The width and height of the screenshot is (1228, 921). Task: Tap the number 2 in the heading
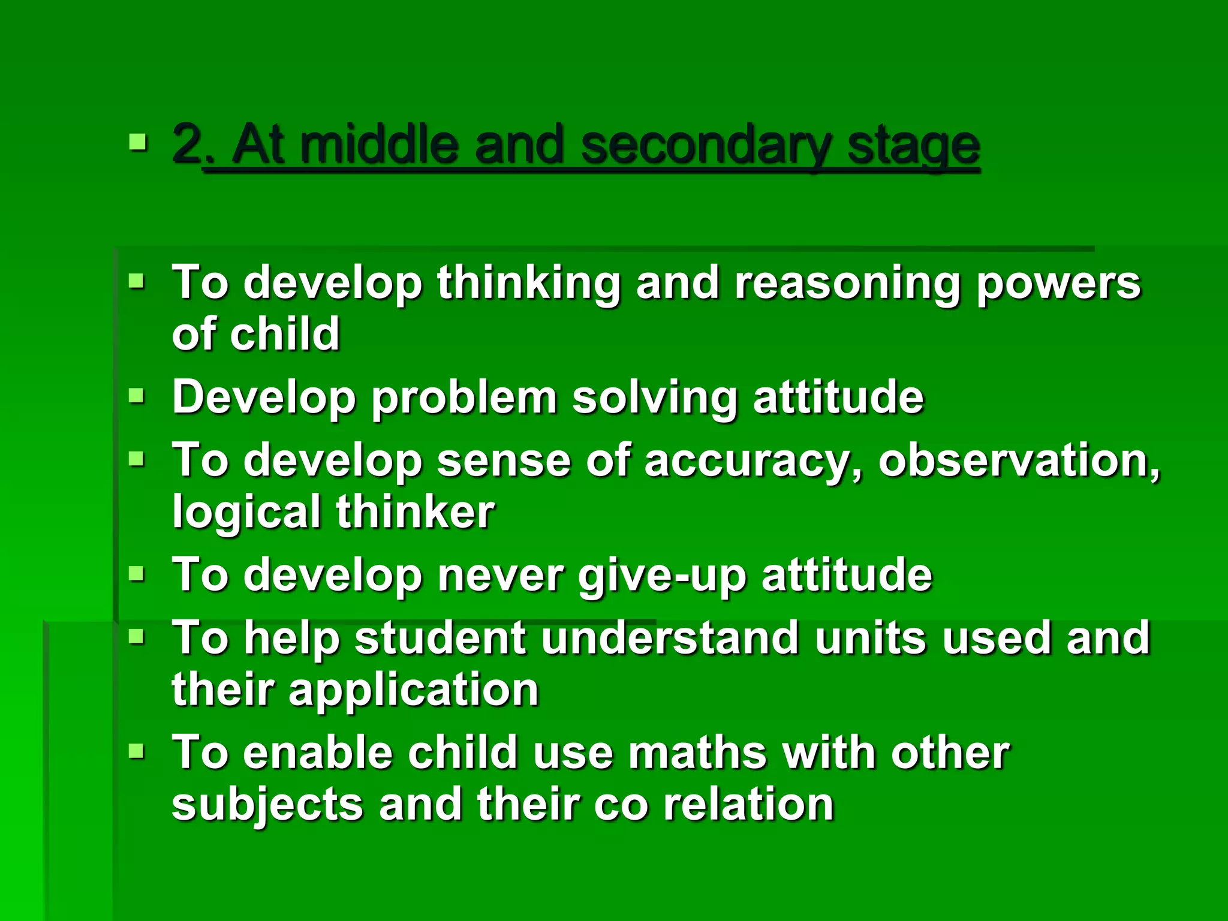click(186, 144)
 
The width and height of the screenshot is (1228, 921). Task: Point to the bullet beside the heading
click(137, 142)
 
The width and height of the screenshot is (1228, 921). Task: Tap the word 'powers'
click(1058, 283)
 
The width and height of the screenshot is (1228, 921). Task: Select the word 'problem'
click(464, 397)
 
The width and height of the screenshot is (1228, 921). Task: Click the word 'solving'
click(655, 398)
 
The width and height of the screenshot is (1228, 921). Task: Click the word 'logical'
click(246, 512)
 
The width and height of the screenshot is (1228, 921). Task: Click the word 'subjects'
click(267, 805)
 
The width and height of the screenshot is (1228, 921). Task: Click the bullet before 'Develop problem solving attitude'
click(137, 396)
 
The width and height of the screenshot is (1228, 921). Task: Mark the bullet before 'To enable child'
click(137, 751)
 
